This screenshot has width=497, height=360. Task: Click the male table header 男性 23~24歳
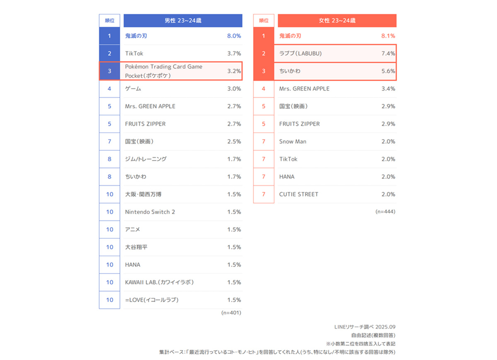pos(183,21)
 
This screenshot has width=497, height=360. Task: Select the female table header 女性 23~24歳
pos(337,21)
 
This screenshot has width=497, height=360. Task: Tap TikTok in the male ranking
pos(134,53)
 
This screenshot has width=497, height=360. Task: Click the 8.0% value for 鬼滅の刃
pos(234,36)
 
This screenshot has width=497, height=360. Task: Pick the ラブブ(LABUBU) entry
pos(300,53)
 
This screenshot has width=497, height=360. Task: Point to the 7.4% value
pos(388,53)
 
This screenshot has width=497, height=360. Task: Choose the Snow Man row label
pos(293,142)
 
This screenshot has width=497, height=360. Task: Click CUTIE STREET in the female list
pos(299,194)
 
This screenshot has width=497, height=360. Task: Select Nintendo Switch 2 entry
pos(150,212)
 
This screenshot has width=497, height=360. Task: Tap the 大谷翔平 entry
pos(136,247)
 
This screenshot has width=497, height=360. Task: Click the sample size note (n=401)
pos(231,312)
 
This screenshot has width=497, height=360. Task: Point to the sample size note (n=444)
pos(385,211)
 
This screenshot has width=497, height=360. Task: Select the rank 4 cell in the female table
pos(263,89)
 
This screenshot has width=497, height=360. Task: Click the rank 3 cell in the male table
pos(109,71)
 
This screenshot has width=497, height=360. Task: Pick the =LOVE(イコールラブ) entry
pos(152,300)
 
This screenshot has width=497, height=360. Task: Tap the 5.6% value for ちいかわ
pos(388,71)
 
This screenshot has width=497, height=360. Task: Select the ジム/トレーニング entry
pos(146,159)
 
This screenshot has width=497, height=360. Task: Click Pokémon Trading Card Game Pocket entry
pos(164,71)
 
